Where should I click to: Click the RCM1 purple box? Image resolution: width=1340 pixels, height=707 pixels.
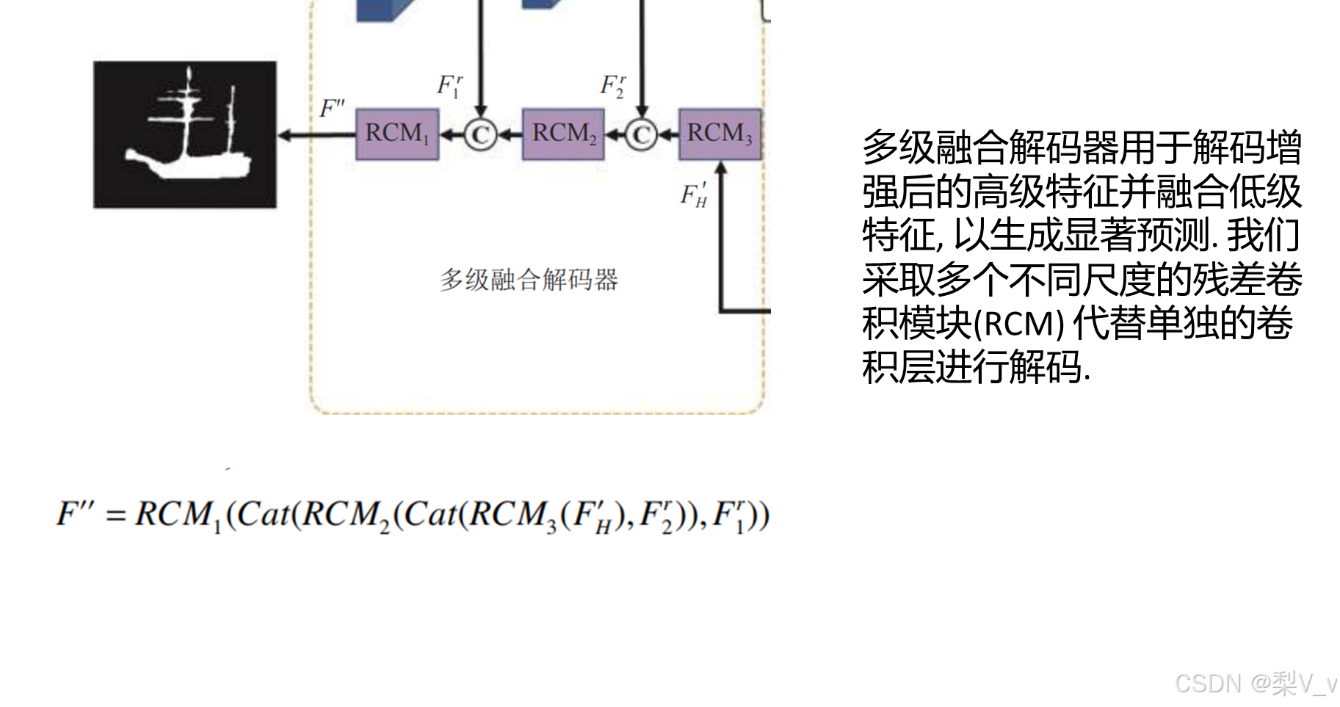click(x=397, y=134)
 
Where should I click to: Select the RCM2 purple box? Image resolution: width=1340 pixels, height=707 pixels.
click(x=563, y=134)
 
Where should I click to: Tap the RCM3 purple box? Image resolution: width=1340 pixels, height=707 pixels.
click(x=720, y=134)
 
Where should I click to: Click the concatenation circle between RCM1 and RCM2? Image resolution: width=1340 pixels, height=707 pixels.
click(x=480, y=135)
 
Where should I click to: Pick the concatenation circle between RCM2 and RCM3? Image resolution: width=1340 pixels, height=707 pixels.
click(x=641, y=135)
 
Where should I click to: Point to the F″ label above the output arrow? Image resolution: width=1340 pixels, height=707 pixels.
click(x=332, y=109)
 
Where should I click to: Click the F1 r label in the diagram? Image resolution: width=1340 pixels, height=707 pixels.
click(x=449, y=86)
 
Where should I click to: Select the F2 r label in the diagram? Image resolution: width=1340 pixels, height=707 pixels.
click(x=612, y=86)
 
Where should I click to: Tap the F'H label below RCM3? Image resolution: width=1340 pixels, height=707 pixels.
click(x=694, y=195)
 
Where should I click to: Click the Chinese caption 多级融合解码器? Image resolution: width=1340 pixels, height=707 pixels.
click(x=529, y=280)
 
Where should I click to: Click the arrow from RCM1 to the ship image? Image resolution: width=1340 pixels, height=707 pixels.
click(x=316, y=135)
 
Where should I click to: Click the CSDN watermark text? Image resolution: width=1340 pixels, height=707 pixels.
click(x=1254, y=683)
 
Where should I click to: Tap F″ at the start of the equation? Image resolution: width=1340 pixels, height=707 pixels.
click(x=75, y=513)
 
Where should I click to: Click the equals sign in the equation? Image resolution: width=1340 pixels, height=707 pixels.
click(x=115, y=515)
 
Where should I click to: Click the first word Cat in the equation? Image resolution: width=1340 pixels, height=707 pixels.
click(x=263, y=514)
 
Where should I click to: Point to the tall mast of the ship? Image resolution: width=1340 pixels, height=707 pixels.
click(x=190, y=110)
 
